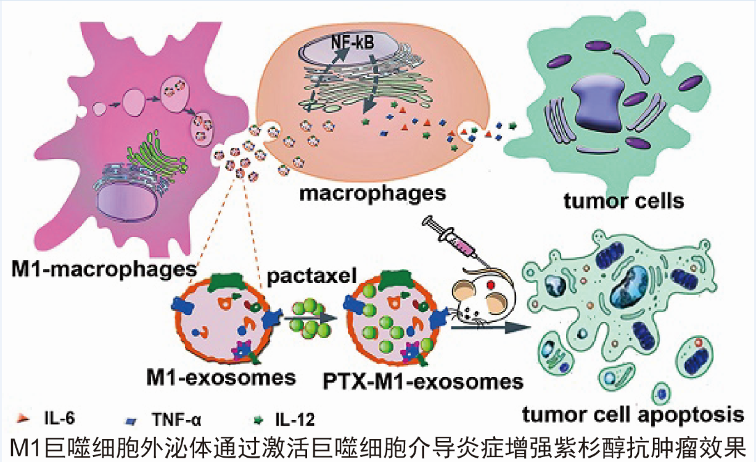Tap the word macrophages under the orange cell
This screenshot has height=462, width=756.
[x=372, y=193]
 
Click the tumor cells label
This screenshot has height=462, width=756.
[x=623, y=200]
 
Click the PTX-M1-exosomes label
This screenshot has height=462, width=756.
[x=423, y=381]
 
